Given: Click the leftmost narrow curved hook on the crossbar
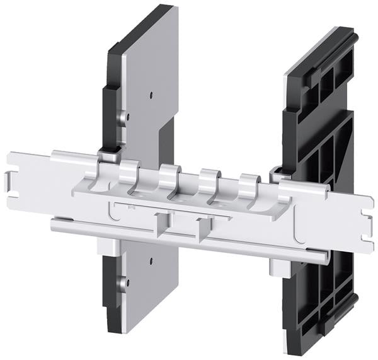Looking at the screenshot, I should [129, 170].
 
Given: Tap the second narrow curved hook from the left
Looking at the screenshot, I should [169, 175].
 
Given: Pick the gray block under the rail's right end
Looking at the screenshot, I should [280, 266].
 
